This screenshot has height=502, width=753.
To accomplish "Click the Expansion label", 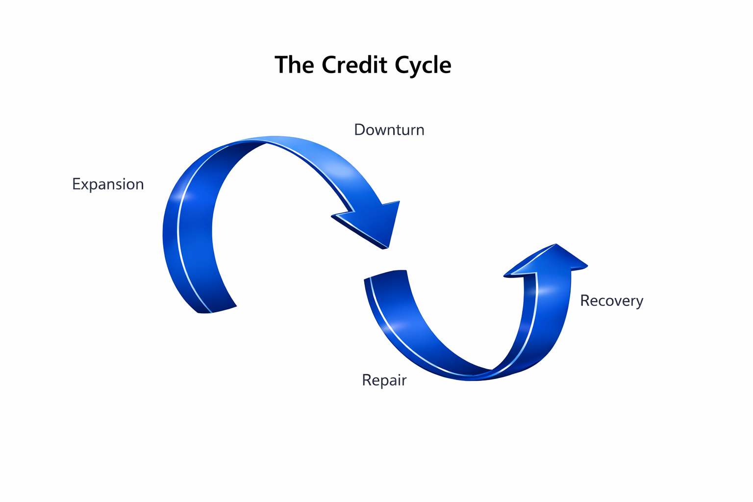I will pos(108,184).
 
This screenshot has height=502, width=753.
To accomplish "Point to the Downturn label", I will pos(389,130).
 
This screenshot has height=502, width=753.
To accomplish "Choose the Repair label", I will pos(384,380).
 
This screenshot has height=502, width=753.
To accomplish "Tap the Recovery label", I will pos(611,301).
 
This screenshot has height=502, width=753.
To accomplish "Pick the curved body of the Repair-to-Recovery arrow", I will pos(441,353).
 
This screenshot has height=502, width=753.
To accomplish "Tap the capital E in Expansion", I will pos(76,184).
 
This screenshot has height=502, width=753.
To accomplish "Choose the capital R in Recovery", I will pos(584,301).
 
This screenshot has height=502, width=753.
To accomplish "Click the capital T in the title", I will pos(281,65).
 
